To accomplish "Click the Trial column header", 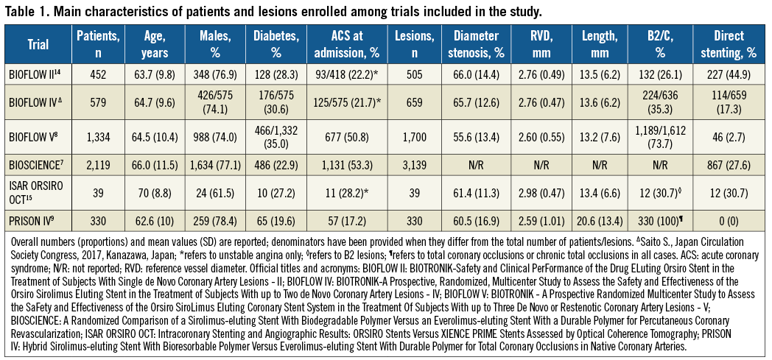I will tap(38, 44).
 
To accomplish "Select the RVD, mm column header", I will tap(547, 44).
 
